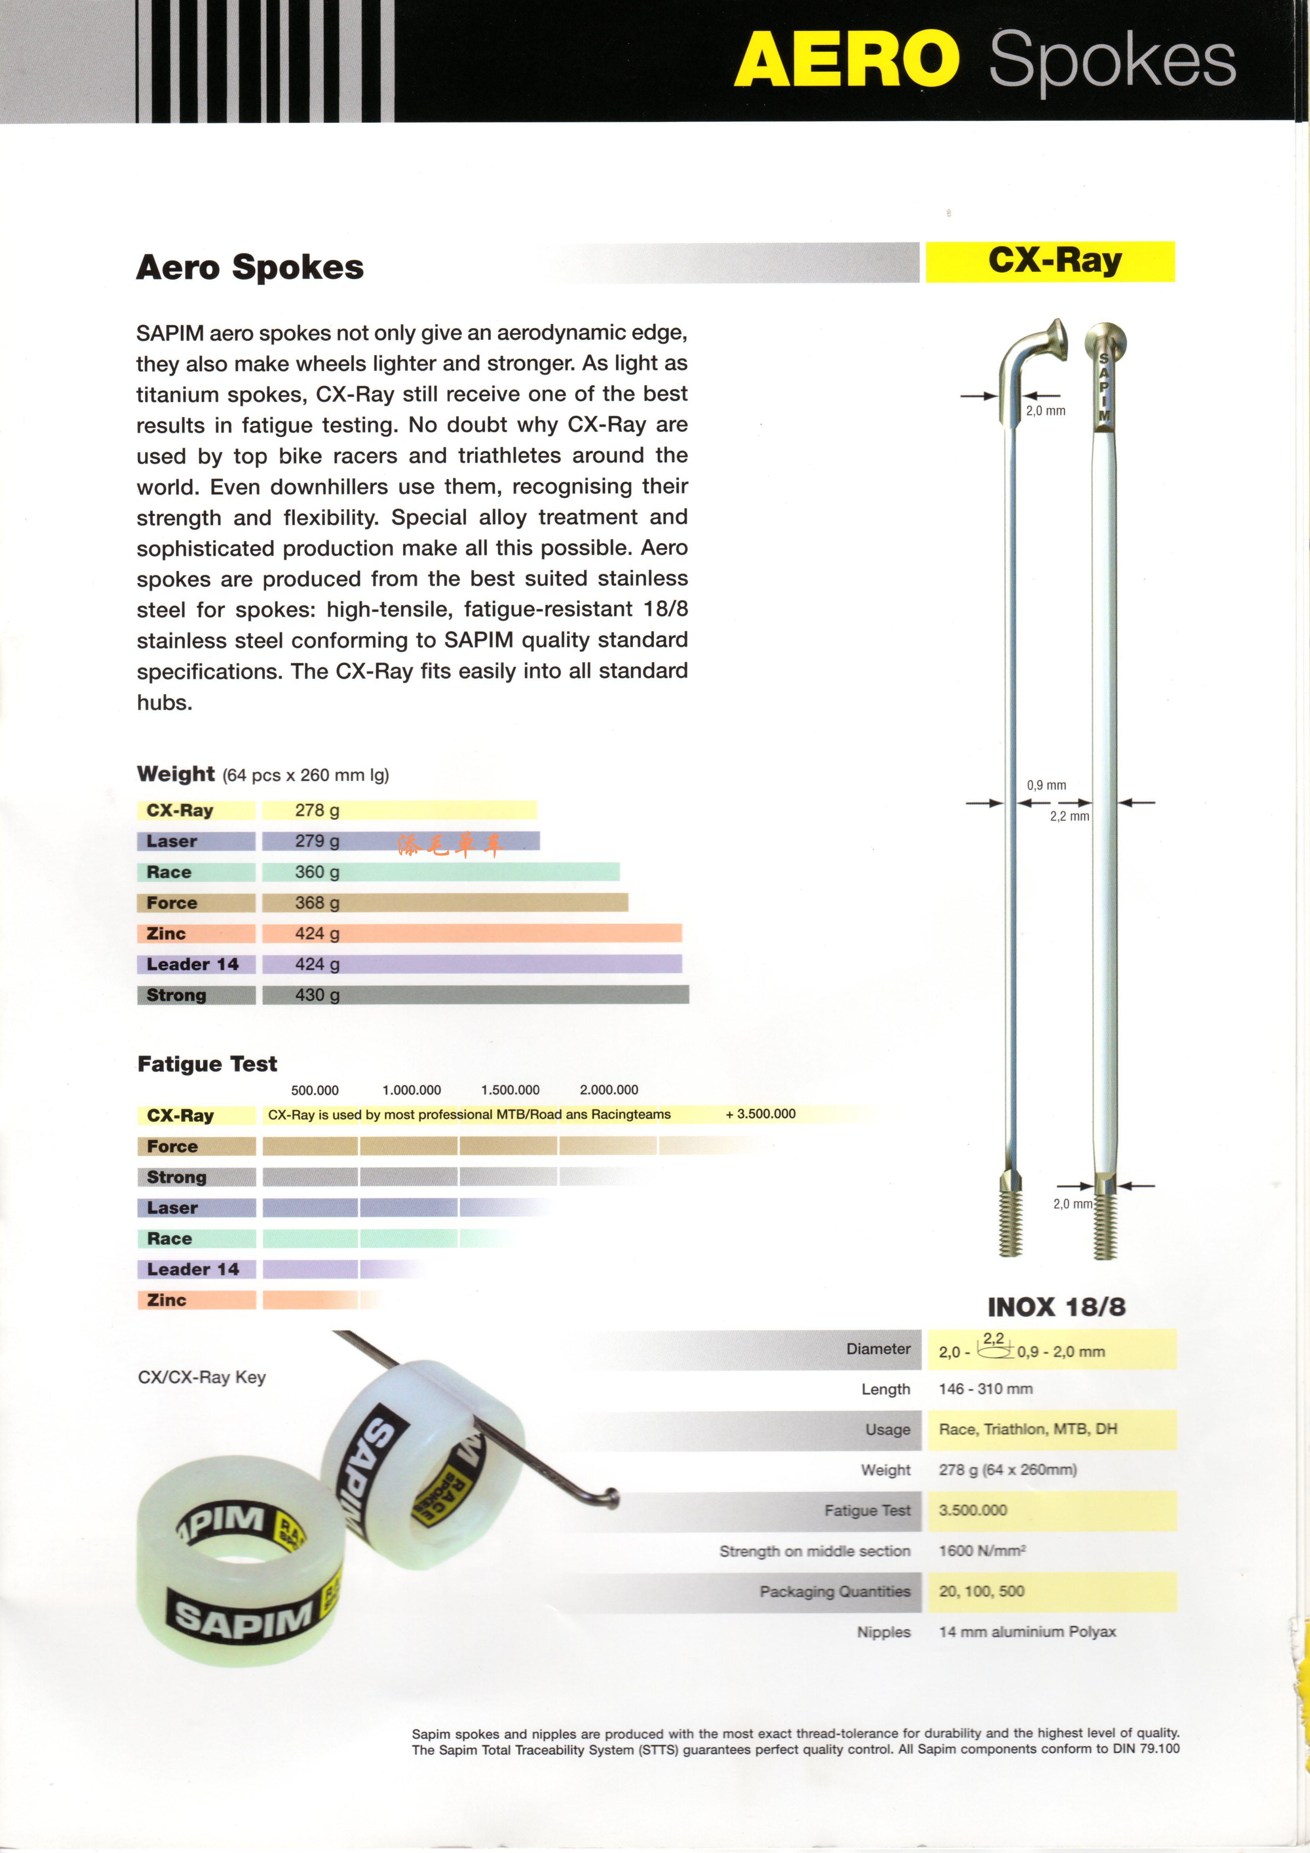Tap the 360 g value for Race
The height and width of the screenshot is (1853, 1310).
[317, 872]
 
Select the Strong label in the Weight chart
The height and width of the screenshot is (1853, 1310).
[177, 995]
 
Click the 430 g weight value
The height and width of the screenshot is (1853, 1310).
[317, 995]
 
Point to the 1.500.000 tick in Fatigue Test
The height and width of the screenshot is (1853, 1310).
[510, 1089]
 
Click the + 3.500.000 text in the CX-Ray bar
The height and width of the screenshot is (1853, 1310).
[760, 1114]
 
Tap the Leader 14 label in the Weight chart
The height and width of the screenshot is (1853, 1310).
[193, 964]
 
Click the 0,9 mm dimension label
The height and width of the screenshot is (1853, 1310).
[1046, 785]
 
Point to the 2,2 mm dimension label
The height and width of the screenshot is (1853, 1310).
[1070, 817]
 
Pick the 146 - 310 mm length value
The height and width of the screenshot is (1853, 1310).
[986, 1389]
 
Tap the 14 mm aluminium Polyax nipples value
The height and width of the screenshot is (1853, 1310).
[1027, 1632]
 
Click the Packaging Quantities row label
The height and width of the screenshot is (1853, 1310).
[834, 1592]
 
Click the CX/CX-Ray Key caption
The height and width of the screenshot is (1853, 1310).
[202, 1378]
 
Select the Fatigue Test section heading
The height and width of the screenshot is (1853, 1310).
[208, 1064]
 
